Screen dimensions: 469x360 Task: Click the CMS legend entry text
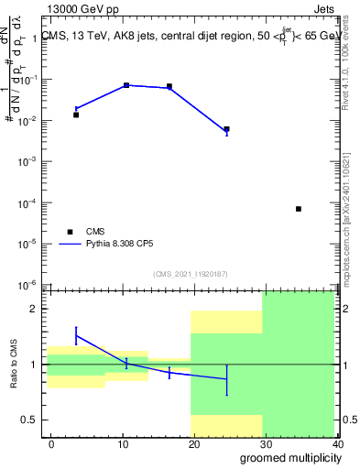96,231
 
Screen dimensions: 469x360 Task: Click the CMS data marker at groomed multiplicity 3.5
76,115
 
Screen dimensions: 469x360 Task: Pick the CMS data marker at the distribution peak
126,85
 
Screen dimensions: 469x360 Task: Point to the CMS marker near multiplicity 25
226,129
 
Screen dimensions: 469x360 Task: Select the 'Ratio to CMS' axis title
13,364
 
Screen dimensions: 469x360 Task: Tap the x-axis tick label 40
339,443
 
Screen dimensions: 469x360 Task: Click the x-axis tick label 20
194,443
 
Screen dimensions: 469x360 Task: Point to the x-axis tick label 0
51,443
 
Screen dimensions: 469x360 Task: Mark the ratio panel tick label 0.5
30,420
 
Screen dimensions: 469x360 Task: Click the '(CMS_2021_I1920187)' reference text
190,273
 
